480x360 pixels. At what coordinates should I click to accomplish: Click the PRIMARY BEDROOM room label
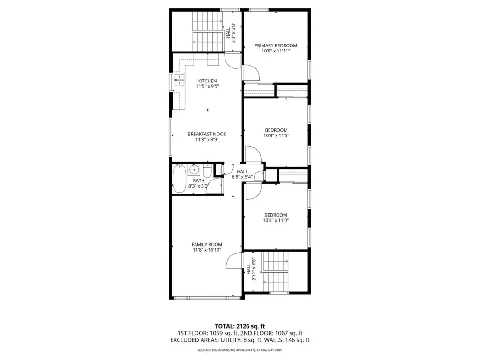[276, 45]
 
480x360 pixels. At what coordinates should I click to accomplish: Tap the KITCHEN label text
[208, 81]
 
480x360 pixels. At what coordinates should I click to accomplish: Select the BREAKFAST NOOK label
[207, 134]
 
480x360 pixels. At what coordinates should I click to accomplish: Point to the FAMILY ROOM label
[207, 244]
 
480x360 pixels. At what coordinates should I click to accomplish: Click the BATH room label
[199, 180]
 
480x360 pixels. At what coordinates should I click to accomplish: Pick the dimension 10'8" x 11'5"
[277, 135]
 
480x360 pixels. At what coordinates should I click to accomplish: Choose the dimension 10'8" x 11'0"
[276, 220]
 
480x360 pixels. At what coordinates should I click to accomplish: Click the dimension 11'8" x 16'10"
[207, 250]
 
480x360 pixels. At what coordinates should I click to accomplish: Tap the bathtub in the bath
[179, 179]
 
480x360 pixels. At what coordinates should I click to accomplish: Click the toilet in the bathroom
[207, 172]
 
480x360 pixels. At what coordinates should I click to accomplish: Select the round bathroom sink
[194, 169]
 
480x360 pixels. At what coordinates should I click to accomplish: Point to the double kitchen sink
[179, 80]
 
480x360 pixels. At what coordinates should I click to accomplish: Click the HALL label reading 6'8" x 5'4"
[242, 174]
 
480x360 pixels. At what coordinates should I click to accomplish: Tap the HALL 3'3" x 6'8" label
[231, 33]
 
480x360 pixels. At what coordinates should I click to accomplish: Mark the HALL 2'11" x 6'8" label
[251, 269]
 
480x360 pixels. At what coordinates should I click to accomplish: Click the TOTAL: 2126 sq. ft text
[240, 326]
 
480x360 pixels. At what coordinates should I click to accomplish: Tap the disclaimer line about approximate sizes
[240, 350]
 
